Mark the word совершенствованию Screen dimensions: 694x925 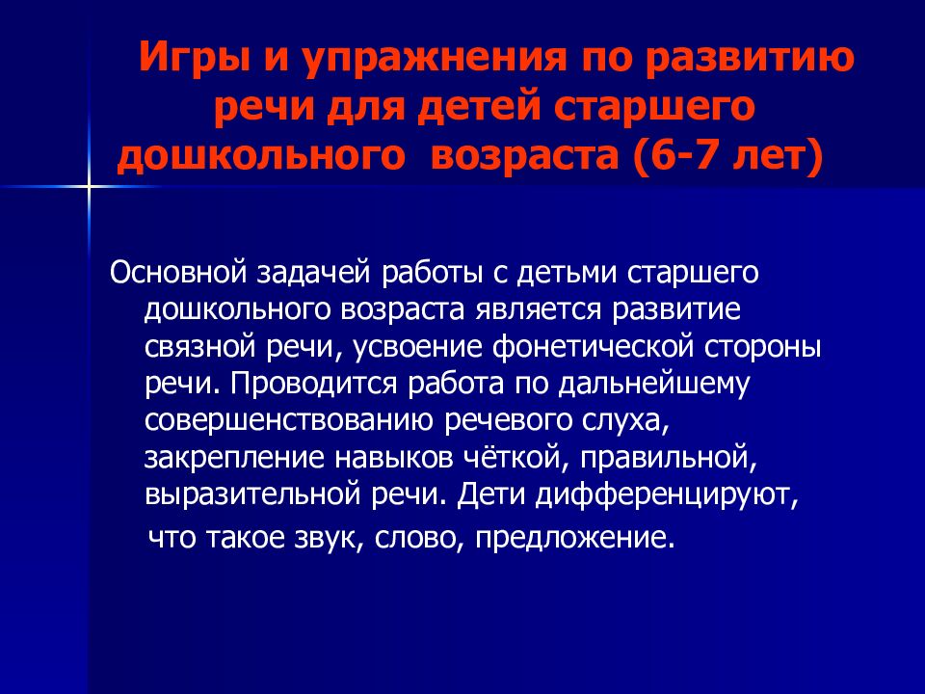click(293, 419)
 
